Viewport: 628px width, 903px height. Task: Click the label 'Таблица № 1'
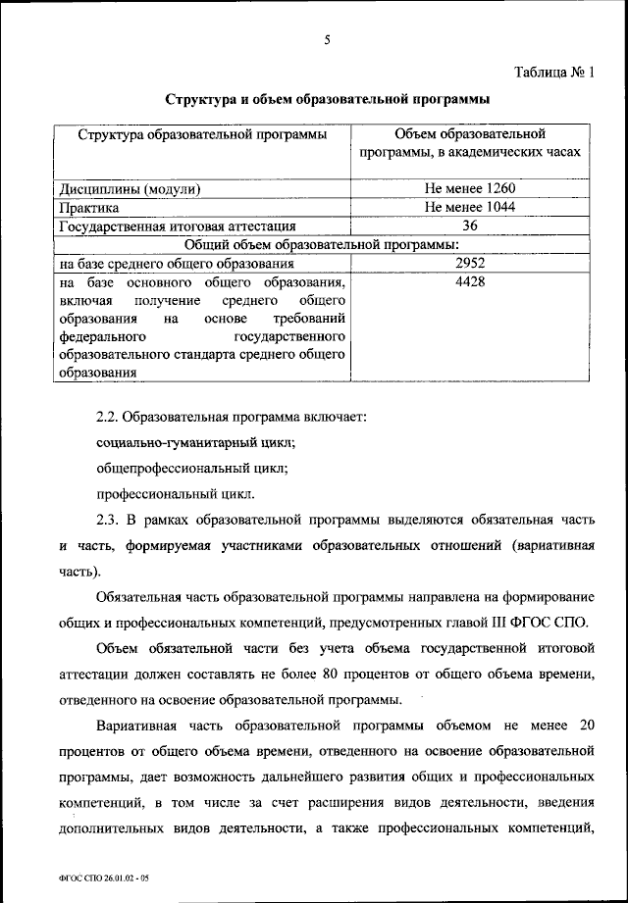(556, 71)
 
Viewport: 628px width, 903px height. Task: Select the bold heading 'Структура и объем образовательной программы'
(327, 99)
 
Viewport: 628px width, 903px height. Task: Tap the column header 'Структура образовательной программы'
(202, 134)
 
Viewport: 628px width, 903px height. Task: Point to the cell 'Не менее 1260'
(470, 189)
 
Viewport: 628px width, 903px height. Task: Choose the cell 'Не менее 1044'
(470, 207)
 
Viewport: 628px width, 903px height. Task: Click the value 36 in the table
(470, 226)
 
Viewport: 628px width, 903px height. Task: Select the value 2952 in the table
(470, 263)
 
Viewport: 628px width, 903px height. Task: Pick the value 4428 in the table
(470, 281)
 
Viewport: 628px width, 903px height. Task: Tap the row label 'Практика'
(89, 207)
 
